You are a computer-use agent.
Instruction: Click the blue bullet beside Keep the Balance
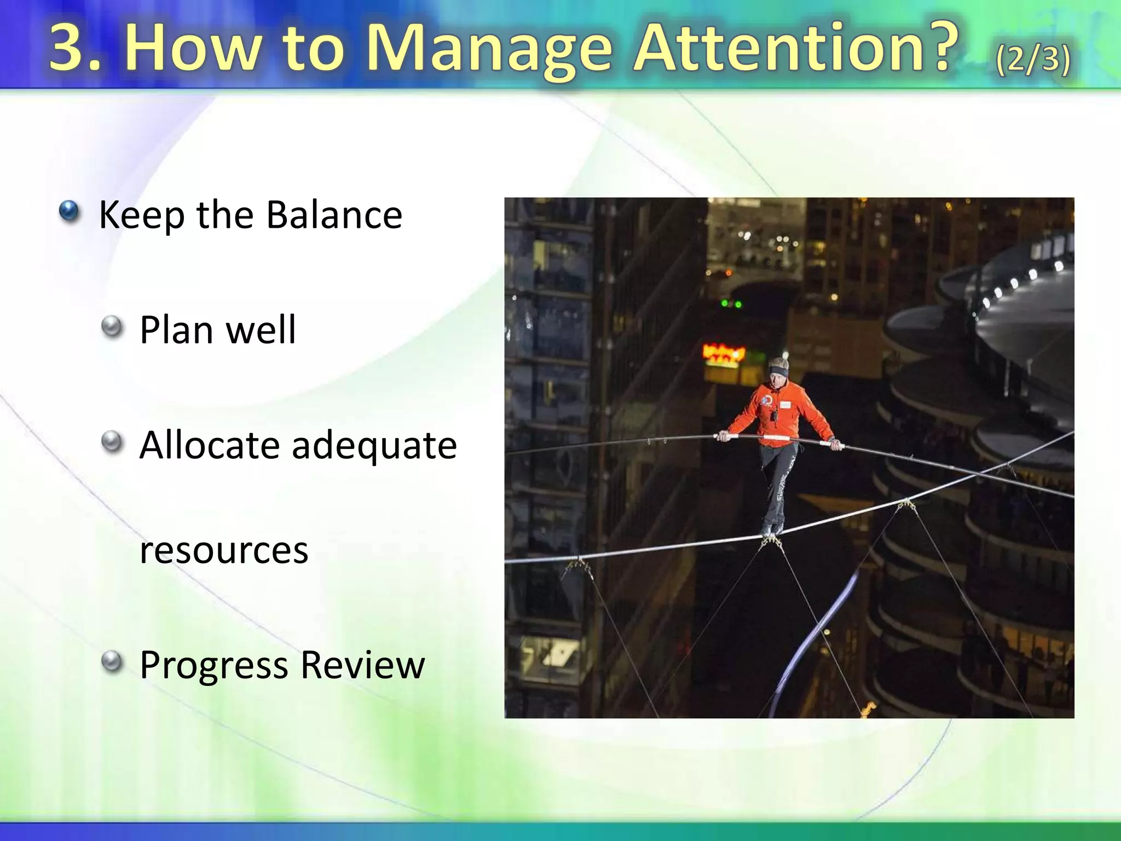point(69,211)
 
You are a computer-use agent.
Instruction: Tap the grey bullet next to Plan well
point(112,327)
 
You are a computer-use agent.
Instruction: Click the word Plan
point(176,330)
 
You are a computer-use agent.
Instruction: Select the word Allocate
point(209,445)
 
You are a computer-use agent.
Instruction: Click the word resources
point(224,551)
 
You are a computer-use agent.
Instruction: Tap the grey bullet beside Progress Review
point(112,662)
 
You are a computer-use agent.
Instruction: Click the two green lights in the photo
point(731,303)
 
